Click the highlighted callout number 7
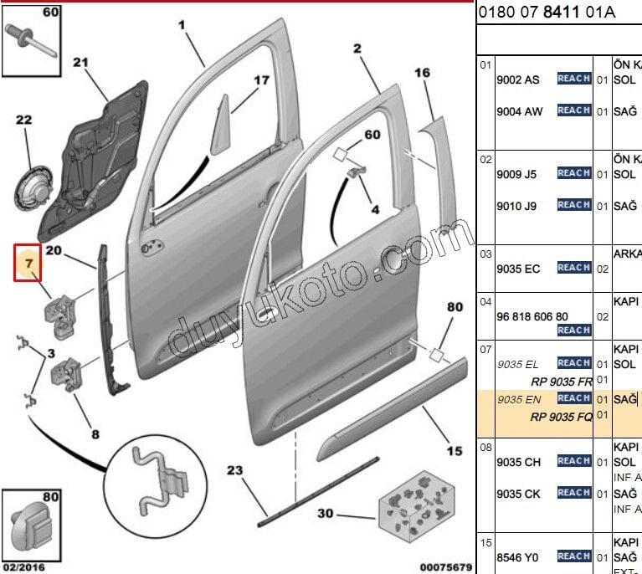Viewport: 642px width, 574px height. (x=28, y=264)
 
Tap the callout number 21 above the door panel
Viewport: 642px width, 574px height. (x=80, y=62)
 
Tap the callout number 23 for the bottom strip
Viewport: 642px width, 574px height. (x=234, y=471)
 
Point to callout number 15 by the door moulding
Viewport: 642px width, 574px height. (x=454, y=452)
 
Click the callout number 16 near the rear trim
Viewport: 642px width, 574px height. (x=422, y=73)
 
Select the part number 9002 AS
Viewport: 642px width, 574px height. (x=518, y=79)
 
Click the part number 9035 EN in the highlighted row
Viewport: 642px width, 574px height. (x=518, y=399)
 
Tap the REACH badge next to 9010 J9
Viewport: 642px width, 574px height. (x=574, y=205)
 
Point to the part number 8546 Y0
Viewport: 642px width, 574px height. (x=518, y=557)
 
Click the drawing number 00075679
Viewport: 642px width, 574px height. (x=444, y=567)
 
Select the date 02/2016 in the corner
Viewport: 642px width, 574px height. (x=23, y=567)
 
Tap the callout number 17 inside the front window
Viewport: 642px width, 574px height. (x=262, y=80)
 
